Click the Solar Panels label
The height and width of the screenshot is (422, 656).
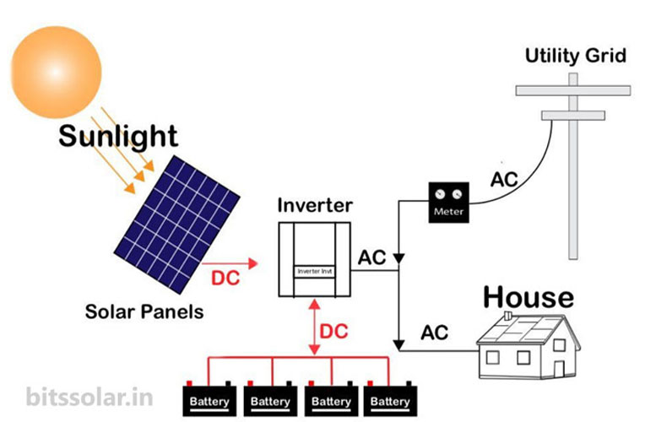(144, 311)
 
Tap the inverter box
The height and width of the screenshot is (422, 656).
(314, 259)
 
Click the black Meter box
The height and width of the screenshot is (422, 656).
(448, 202)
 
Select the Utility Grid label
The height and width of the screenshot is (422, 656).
(576, 57)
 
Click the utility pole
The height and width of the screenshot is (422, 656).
(573, 169)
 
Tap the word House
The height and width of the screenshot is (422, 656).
(528, 297)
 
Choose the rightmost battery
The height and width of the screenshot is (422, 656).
(389, 398)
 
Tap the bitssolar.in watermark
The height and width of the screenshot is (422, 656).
(81, 396)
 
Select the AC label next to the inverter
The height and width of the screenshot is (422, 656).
(372, 257)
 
